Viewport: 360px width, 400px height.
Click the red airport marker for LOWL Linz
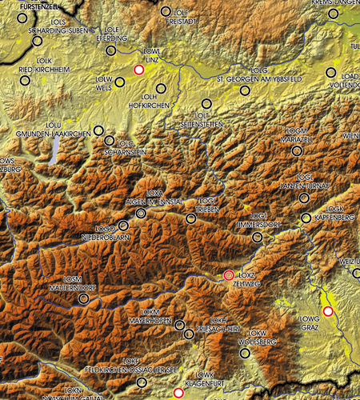tap(138, 70)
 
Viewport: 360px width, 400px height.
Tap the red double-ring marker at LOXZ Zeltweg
tap(230, 276)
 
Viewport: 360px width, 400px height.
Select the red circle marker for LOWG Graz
tap(327, 310)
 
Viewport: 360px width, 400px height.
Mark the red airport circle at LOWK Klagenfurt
tap(178, 394)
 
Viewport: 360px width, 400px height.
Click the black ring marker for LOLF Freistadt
tap(166, 12)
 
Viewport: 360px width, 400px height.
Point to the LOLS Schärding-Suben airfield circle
tap(38, 41)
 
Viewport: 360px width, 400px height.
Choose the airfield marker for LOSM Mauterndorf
tap(83, 298)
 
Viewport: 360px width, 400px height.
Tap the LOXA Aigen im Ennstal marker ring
tap(141, 214)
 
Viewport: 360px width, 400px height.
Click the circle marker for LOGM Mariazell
tap(297, 150)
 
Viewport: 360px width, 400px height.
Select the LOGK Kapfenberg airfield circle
tap(306, 218)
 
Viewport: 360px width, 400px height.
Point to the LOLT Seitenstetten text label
tap(207, 119)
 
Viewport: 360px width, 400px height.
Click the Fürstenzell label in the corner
tap(28, 6)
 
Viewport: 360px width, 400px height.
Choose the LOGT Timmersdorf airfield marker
tap(257, 237)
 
